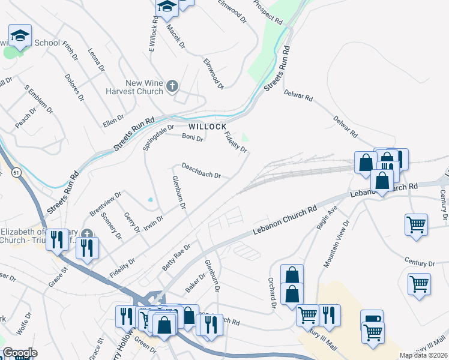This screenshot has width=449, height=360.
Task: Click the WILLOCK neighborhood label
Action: pos(208,127)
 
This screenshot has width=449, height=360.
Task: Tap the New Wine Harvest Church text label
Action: pos(144,88)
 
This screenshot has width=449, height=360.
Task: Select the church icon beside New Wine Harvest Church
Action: pos(172,87)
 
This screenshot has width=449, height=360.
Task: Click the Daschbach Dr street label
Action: pos(202,170)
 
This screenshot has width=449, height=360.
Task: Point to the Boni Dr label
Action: pos(193,137)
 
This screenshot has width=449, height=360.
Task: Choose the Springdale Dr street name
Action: pos(158,137)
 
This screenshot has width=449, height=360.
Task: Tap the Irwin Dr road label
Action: pos(153,224)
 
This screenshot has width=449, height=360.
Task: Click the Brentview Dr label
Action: pos(106,203)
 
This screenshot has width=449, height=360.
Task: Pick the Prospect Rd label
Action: pos(268,11)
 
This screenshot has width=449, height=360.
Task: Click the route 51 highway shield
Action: pos(14,173)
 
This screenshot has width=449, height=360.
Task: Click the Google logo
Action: pos(20,353)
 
